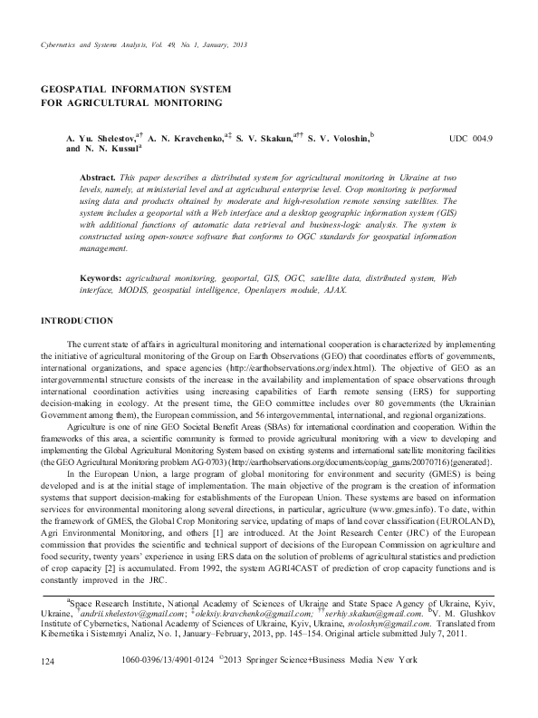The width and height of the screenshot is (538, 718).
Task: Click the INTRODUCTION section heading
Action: click(x=79, y=322)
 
